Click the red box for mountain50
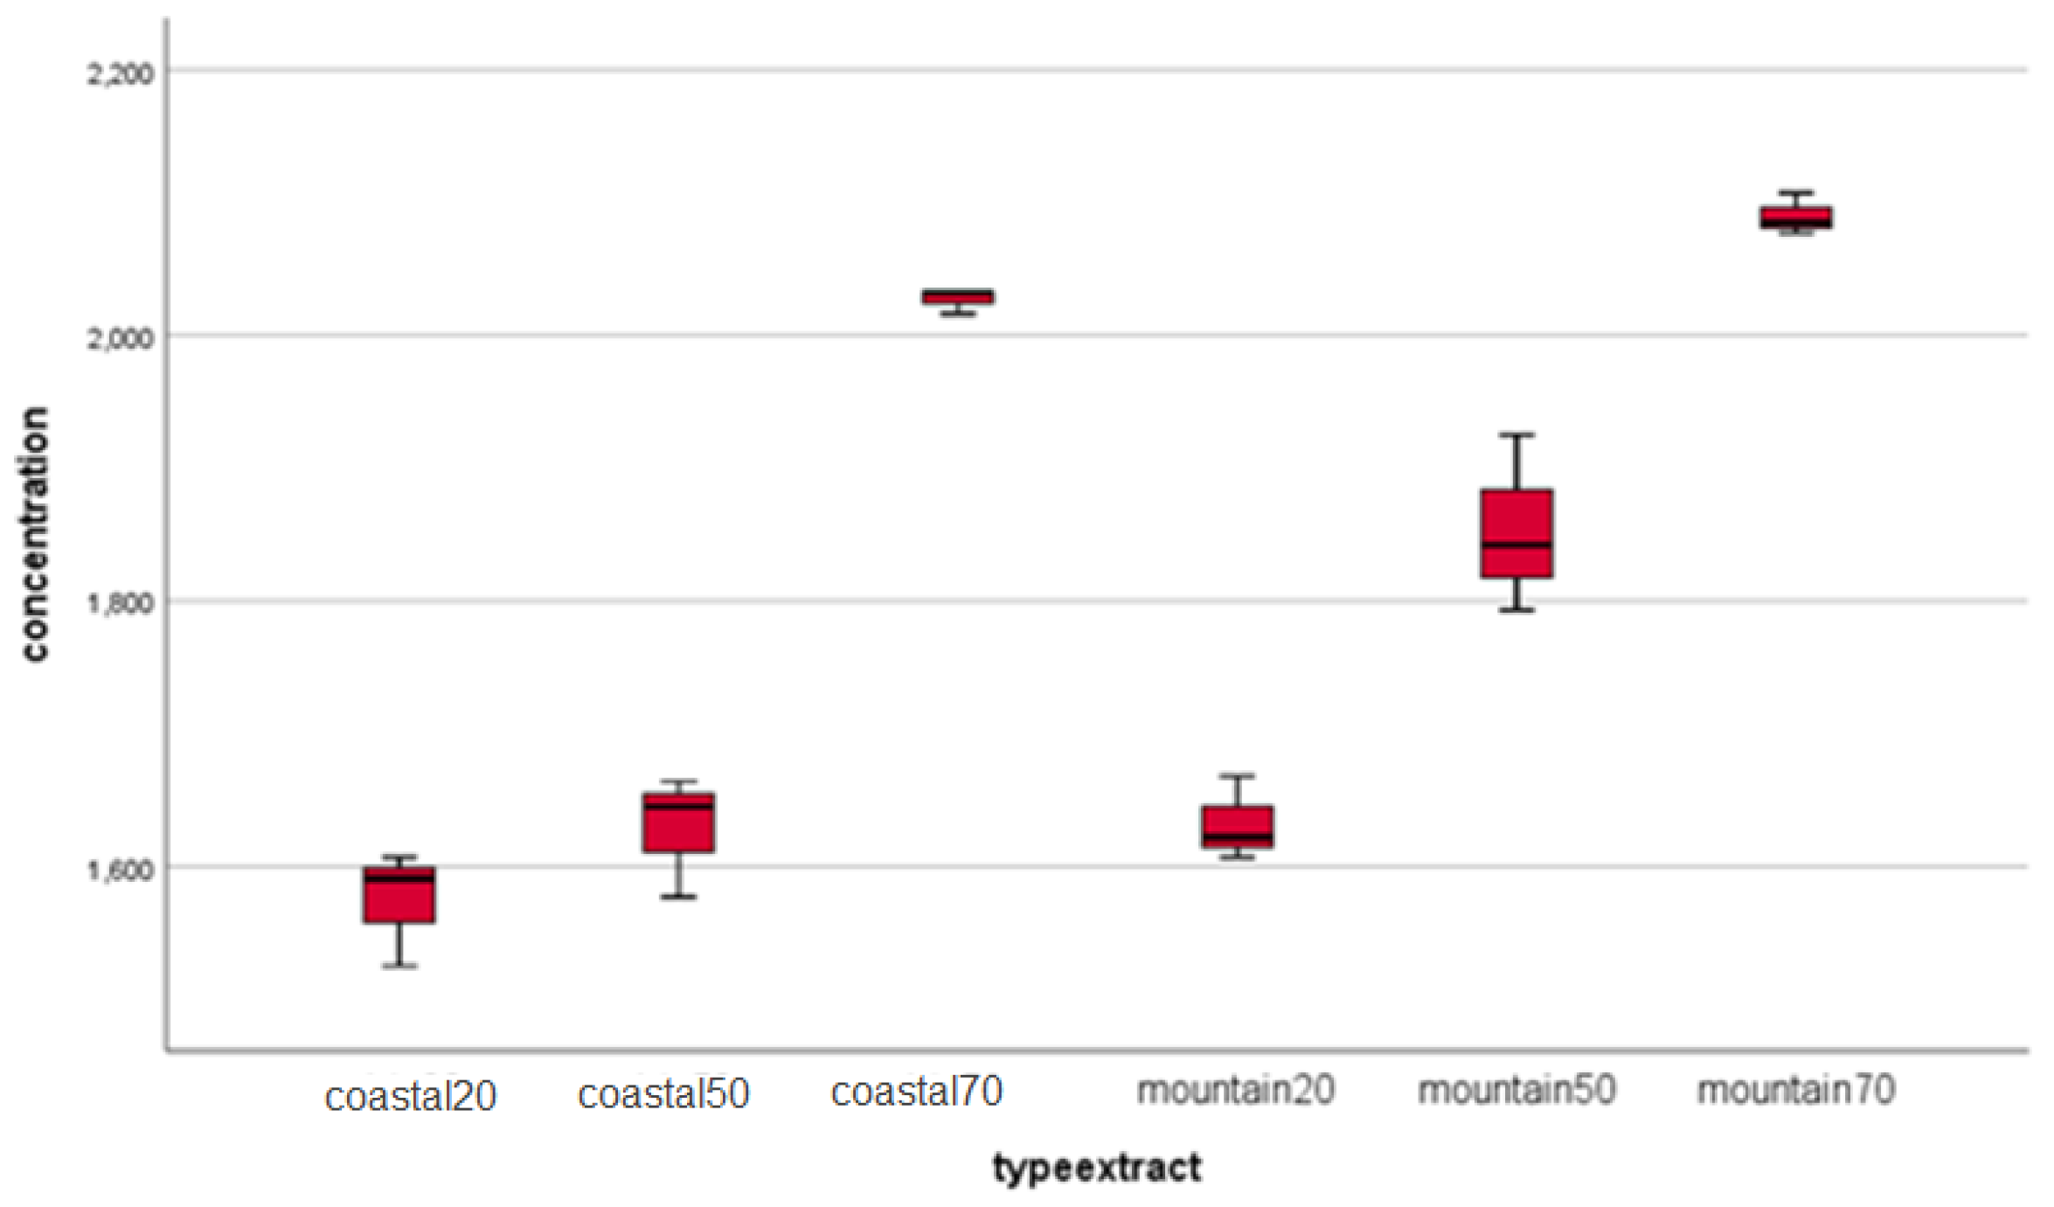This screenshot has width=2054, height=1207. tap(1516, 533)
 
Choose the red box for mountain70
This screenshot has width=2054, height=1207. tap(1796, 217)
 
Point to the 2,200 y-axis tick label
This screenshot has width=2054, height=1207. tap(120, 73)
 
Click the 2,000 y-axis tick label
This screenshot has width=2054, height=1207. tap(120, 338)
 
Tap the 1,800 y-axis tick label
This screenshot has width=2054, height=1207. tap(120, 604)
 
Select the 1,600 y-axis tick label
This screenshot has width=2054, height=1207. tap(120, 871)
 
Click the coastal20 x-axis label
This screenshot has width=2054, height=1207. tap(410, 1096)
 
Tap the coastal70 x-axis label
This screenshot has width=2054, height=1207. tap(916, 1092)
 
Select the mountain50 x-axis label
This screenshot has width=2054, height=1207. tap(1516, 1090)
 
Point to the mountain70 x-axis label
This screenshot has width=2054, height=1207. tap(1796, 1090)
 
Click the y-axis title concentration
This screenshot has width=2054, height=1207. tap(35, 535)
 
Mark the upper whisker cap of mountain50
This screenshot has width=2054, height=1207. tap(1516, 434)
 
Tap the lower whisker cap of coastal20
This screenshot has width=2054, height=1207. tap(399, 966)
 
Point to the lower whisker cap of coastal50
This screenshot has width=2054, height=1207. tap(678, 897)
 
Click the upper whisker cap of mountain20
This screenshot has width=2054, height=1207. tap(1237, 775)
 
